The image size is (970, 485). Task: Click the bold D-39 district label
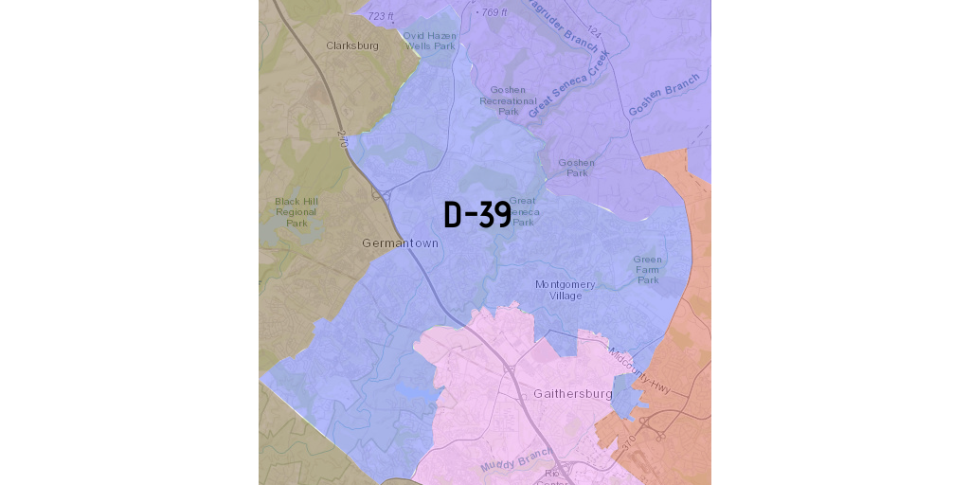pyautogui.click(x=477, y=215)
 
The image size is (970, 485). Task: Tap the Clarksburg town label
pyautogui.click(x=352, y=45)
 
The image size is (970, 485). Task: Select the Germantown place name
pyautogui.click(x=400, y=243)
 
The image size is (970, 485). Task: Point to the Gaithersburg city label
pyautogui.click(x=573, y=393)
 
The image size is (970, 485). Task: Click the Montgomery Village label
pyautogui.click(x=566, y=290)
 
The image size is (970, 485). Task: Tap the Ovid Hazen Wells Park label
pyautogui.click(x=430, y=41)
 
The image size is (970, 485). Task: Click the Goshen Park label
pyautogui.click(x=577, y=168)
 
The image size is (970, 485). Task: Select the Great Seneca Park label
pyautogui.click(x=524, y=211)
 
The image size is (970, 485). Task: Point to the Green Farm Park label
pyautogui.click(x=648, y=269)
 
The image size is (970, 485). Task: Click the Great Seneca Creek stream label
pyautogui.click(x=570, y=85)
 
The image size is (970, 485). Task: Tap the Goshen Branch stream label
pyautogui.click(x=664, y=95)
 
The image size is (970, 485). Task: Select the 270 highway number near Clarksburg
pyautogui.click(x=343, y=138)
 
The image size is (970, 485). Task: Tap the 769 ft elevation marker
pyautogui.click(x=493, y=12)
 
